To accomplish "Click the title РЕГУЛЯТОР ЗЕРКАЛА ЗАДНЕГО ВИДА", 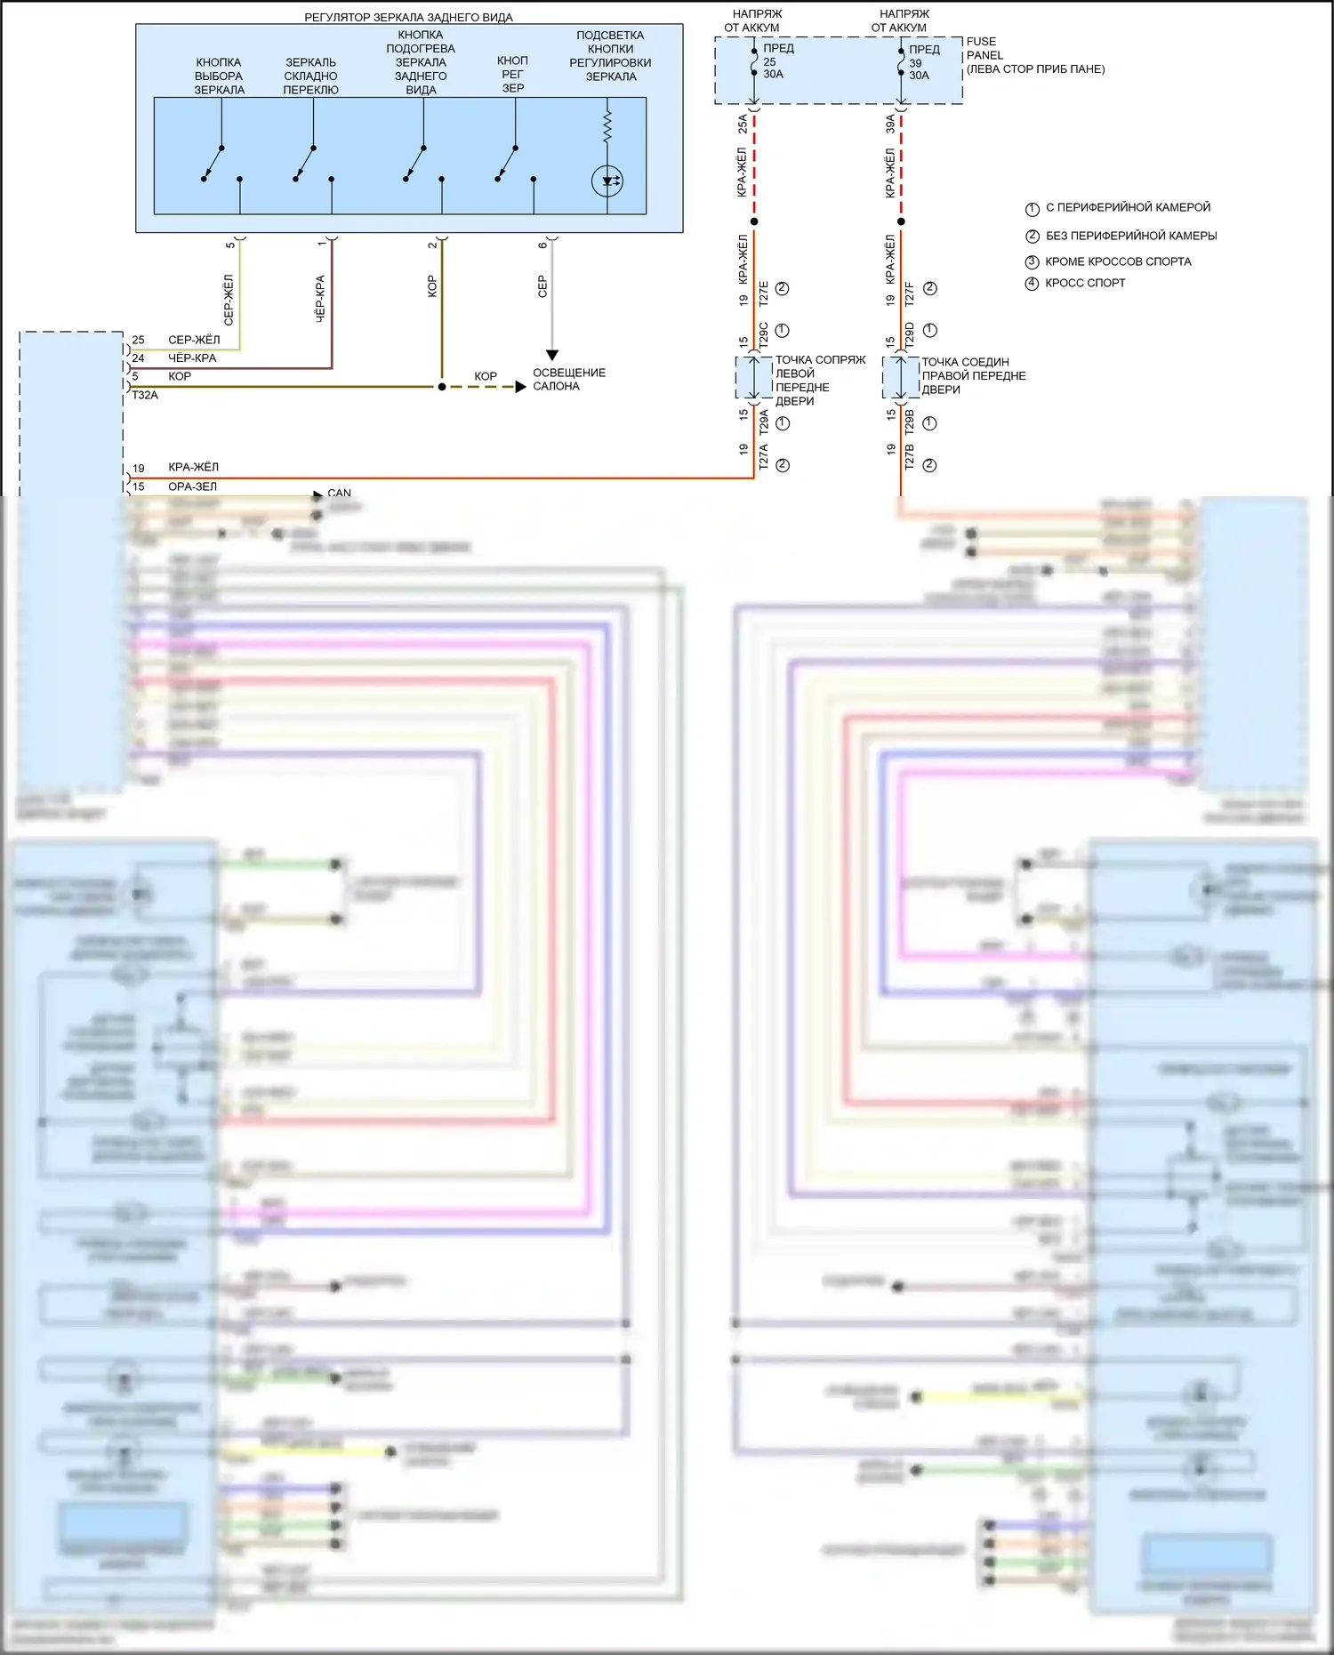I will tap(408, 17).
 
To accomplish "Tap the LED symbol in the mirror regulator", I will tap(607, 181).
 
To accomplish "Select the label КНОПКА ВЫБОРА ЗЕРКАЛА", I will tap(219, 76).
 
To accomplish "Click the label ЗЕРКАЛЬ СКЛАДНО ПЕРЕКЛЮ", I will tap(310, 76).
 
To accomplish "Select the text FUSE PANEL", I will tap(984, 48).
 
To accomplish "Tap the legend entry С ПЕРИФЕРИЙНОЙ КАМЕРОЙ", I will tap(1128, 207).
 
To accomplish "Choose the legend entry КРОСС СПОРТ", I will tap(1085, 283).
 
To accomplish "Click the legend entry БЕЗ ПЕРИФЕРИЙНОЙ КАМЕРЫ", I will tap(1131, 236).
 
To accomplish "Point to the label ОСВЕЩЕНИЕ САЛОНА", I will tap(569, 380).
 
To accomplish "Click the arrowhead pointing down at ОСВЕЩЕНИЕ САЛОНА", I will tap(551, 355).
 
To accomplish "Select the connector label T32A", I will tap(145, 395).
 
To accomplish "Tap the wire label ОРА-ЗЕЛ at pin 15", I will tap(192, 486).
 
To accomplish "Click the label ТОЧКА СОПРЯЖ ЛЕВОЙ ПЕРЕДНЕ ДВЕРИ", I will tap(819, 381).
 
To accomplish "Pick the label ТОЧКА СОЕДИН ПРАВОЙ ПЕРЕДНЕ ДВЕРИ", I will tap(973, 376).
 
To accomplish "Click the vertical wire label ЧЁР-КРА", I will tap(320, 298).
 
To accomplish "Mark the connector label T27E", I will tap(763, 293).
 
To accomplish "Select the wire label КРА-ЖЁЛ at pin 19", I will tap(193, 467).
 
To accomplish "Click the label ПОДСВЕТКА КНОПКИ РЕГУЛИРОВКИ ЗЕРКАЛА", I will tap(610, 56).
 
